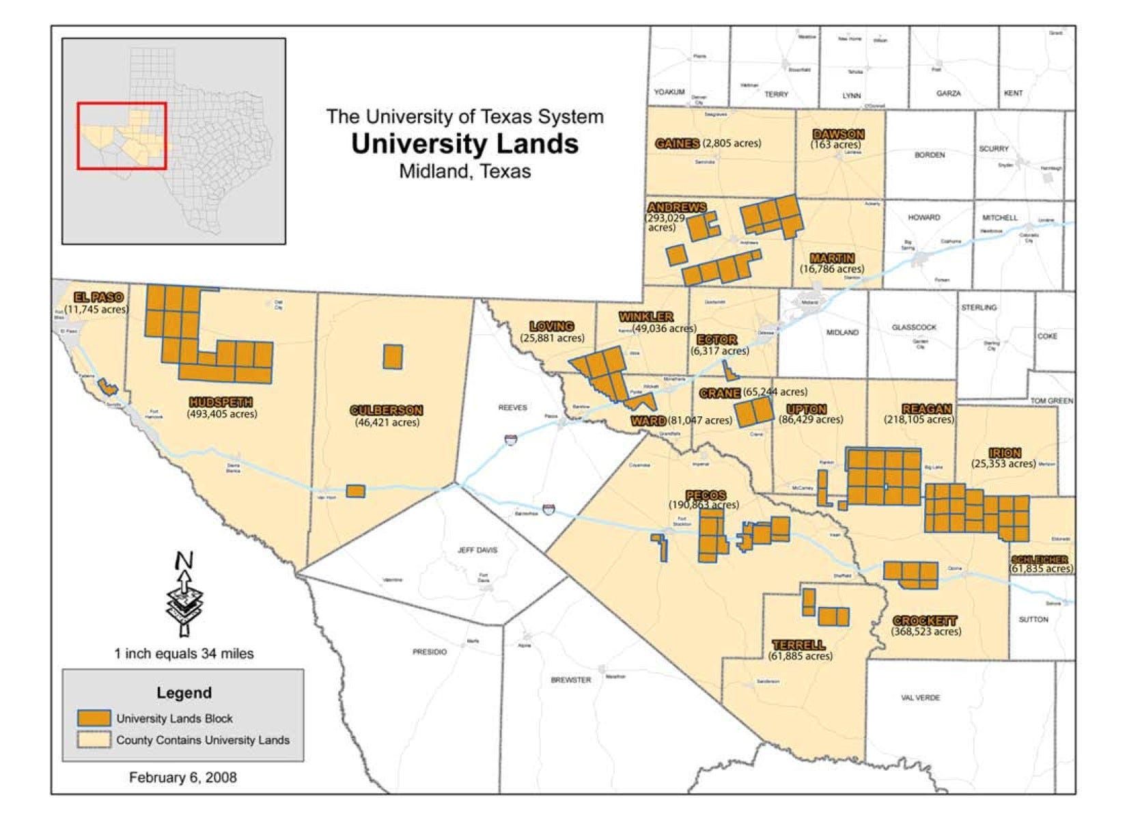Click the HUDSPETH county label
click(x=221, y=402)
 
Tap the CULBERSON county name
click(x=386, y=410)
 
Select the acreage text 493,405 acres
click(x=222, y=414)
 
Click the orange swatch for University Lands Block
click(x=94, y=718)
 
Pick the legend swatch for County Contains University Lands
click(x=94, y=739)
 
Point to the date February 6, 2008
click(x=182, y=778)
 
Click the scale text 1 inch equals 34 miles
click(x=184, y=654)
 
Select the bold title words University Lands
click(x=464, y=144)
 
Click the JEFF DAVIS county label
click(x=477, y=550)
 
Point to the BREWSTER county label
click(x=570, y=680)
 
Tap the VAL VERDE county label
click(x=920, y=698)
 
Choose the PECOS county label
click(x=706, y=495)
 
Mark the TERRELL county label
click(x=798, y=645)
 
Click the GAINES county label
click(x=677, y=143)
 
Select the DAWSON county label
click(x=838, y=135)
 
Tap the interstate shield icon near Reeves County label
click(x=511, y=439)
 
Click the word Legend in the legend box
click(x=184, y=693)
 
